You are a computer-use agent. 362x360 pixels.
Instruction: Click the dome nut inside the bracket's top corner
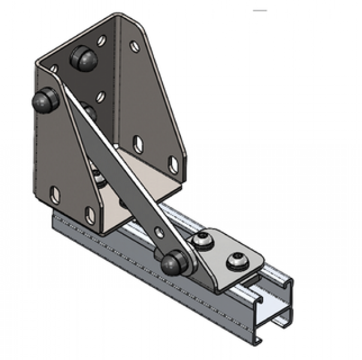tap(83, 58)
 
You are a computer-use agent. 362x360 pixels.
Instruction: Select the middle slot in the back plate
tap(102, 95)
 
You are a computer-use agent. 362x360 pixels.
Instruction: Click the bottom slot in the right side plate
tap(173, 164)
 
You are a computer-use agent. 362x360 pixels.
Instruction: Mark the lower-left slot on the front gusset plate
tap(55, 194)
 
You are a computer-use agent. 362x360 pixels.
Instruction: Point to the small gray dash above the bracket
tap(259, 11)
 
